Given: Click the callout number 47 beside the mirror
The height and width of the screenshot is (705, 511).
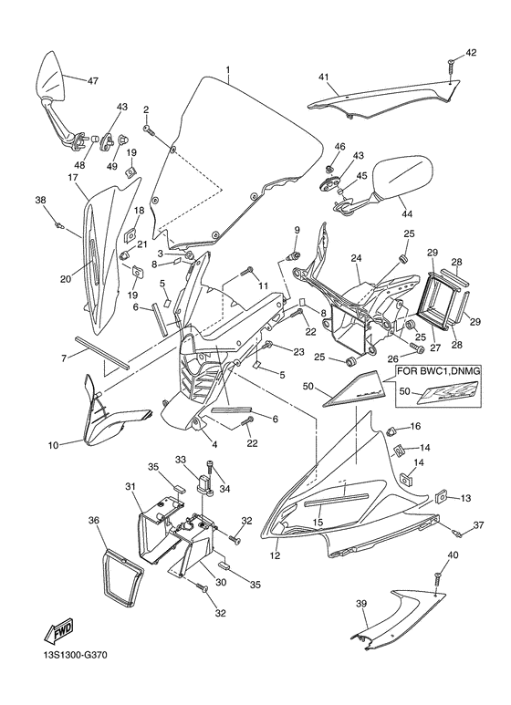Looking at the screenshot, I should (92, 81).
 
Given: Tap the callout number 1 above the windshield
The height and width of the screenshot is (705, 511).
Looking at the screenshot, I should (228, 70).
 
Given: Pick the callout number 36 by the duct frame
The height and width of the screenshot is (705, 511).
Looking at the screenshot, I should (93, 520).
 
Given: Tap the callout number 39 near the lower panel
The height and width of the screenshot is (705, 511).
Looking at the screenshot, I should (360, 603).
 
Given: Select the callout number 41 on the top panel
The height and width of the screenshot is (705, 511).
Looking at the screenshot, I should (323, 78).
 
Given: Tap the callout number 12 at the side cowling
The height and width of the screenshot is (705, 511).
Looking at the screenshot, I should (275, 555).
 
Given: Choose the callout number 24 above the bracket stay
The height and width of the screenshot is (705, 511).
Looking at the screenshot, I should (356, 258).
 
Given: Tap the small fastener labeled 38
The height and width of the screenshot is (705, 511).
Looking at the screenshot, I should (58, 222).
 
